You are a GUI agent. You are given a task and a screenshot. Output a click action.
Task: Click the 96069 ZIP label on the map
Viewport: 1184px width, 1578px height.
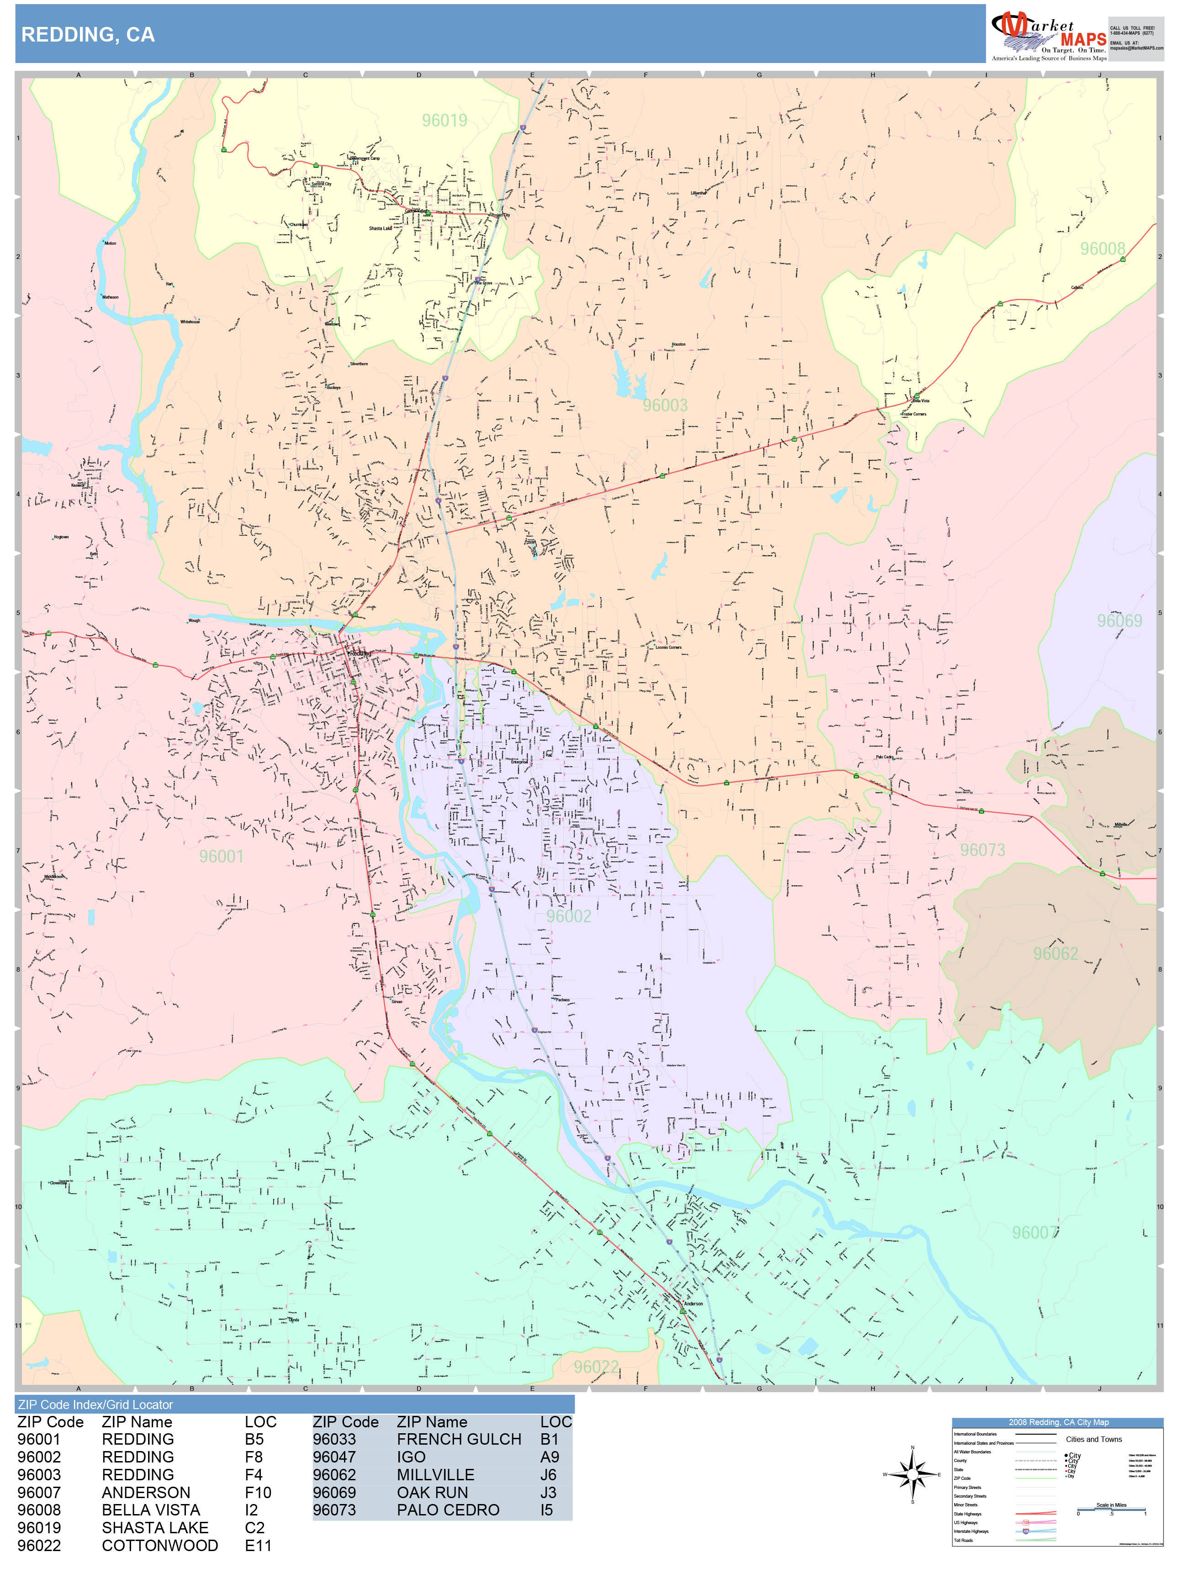pos(1119,621)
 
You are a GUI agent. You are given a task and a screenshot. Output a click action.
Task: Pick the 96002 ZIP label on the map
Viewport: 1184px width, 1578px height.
pos(569,916)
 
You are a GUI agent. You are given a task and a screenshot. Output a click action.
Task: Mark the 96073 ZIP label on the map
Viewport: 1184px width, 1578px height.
pos(982,850)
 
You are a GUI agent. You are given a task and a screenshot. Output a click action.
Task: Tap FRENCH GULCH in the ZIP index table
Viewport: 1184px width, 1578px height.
pos(459,1440)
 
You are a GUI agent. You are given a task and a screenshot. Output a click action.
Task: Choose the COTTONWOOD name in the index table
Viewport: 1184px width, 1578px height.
pos(160,1545)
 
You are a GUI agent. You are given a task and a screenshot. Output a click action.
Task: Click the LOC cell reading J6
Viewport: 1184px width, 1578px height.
pos(548,1474)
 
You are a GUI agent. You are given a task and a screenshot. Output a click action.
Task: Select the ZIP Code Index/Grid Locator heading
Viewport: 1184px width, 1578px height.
pos(95,1404)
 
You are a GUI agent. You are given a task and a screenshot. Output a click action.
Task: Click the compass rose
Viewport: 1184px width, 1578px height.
pos(912,1474)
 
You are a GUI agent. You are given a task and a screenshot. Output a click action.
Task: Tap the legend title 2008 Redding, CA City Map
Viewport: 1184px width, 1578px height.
pos(1057,1422)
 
